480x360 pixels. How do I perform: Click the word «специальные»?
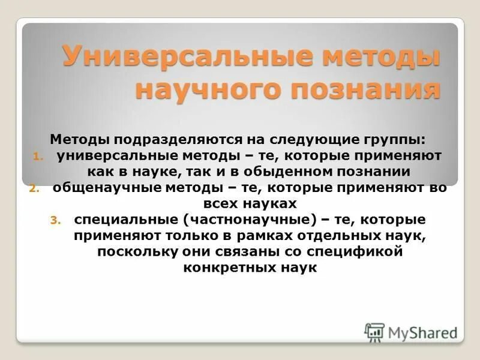pyautogui.click(x=116, y=220)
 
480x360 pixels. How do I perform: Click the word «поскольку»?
pyautogui.click(x=137, y=252)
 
